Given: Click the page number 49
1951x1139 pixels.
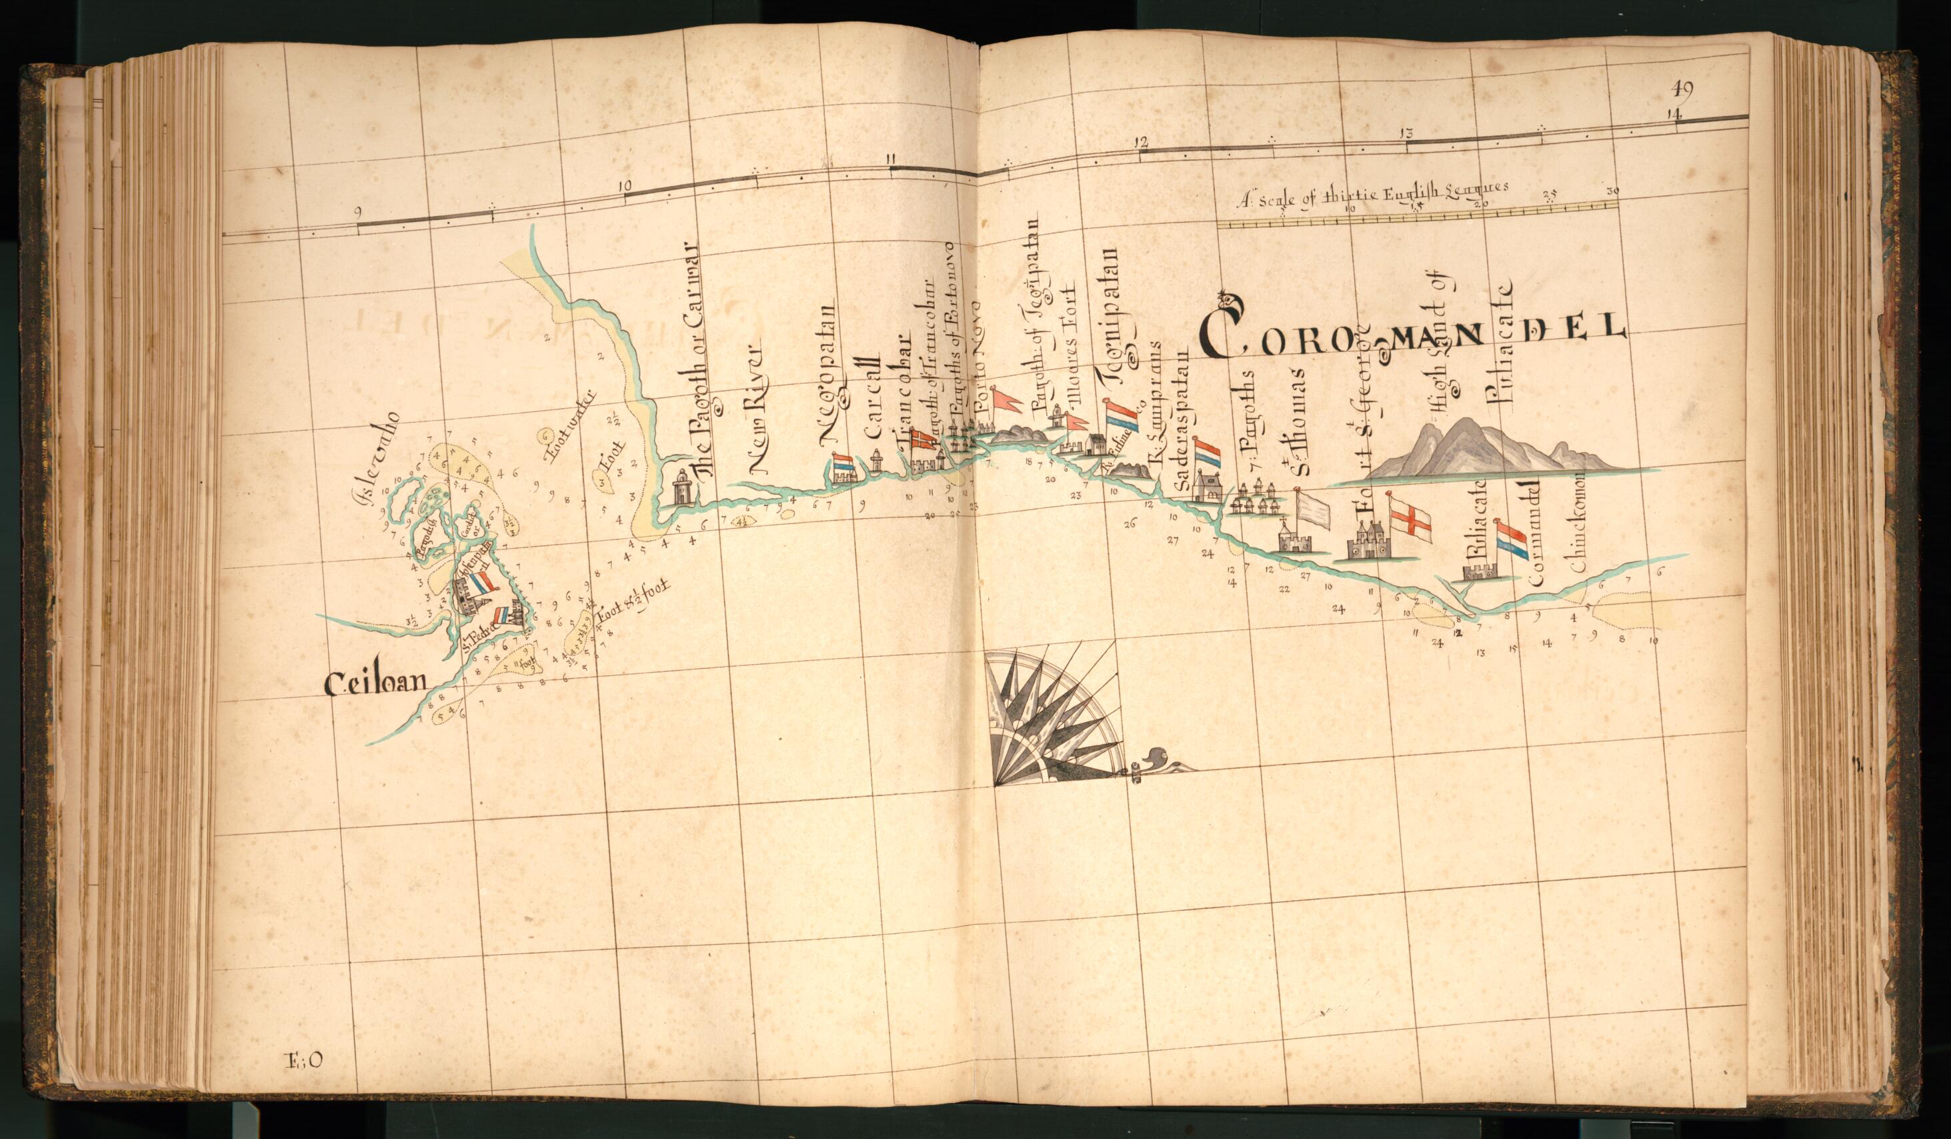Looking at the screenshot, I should pyautogui.click(x=1682, y=87).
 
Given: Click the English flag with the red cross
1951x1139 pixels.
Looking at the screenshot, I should pyautogui.click(x=1410, y=519).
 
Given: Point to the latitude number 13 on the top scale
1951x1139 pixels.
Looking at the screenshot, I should pyautogui.click(x=1407, y=133).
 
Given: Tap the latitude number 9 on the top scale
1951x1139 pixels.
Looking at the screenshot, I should pyautogui.click(x=357, y=212).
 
